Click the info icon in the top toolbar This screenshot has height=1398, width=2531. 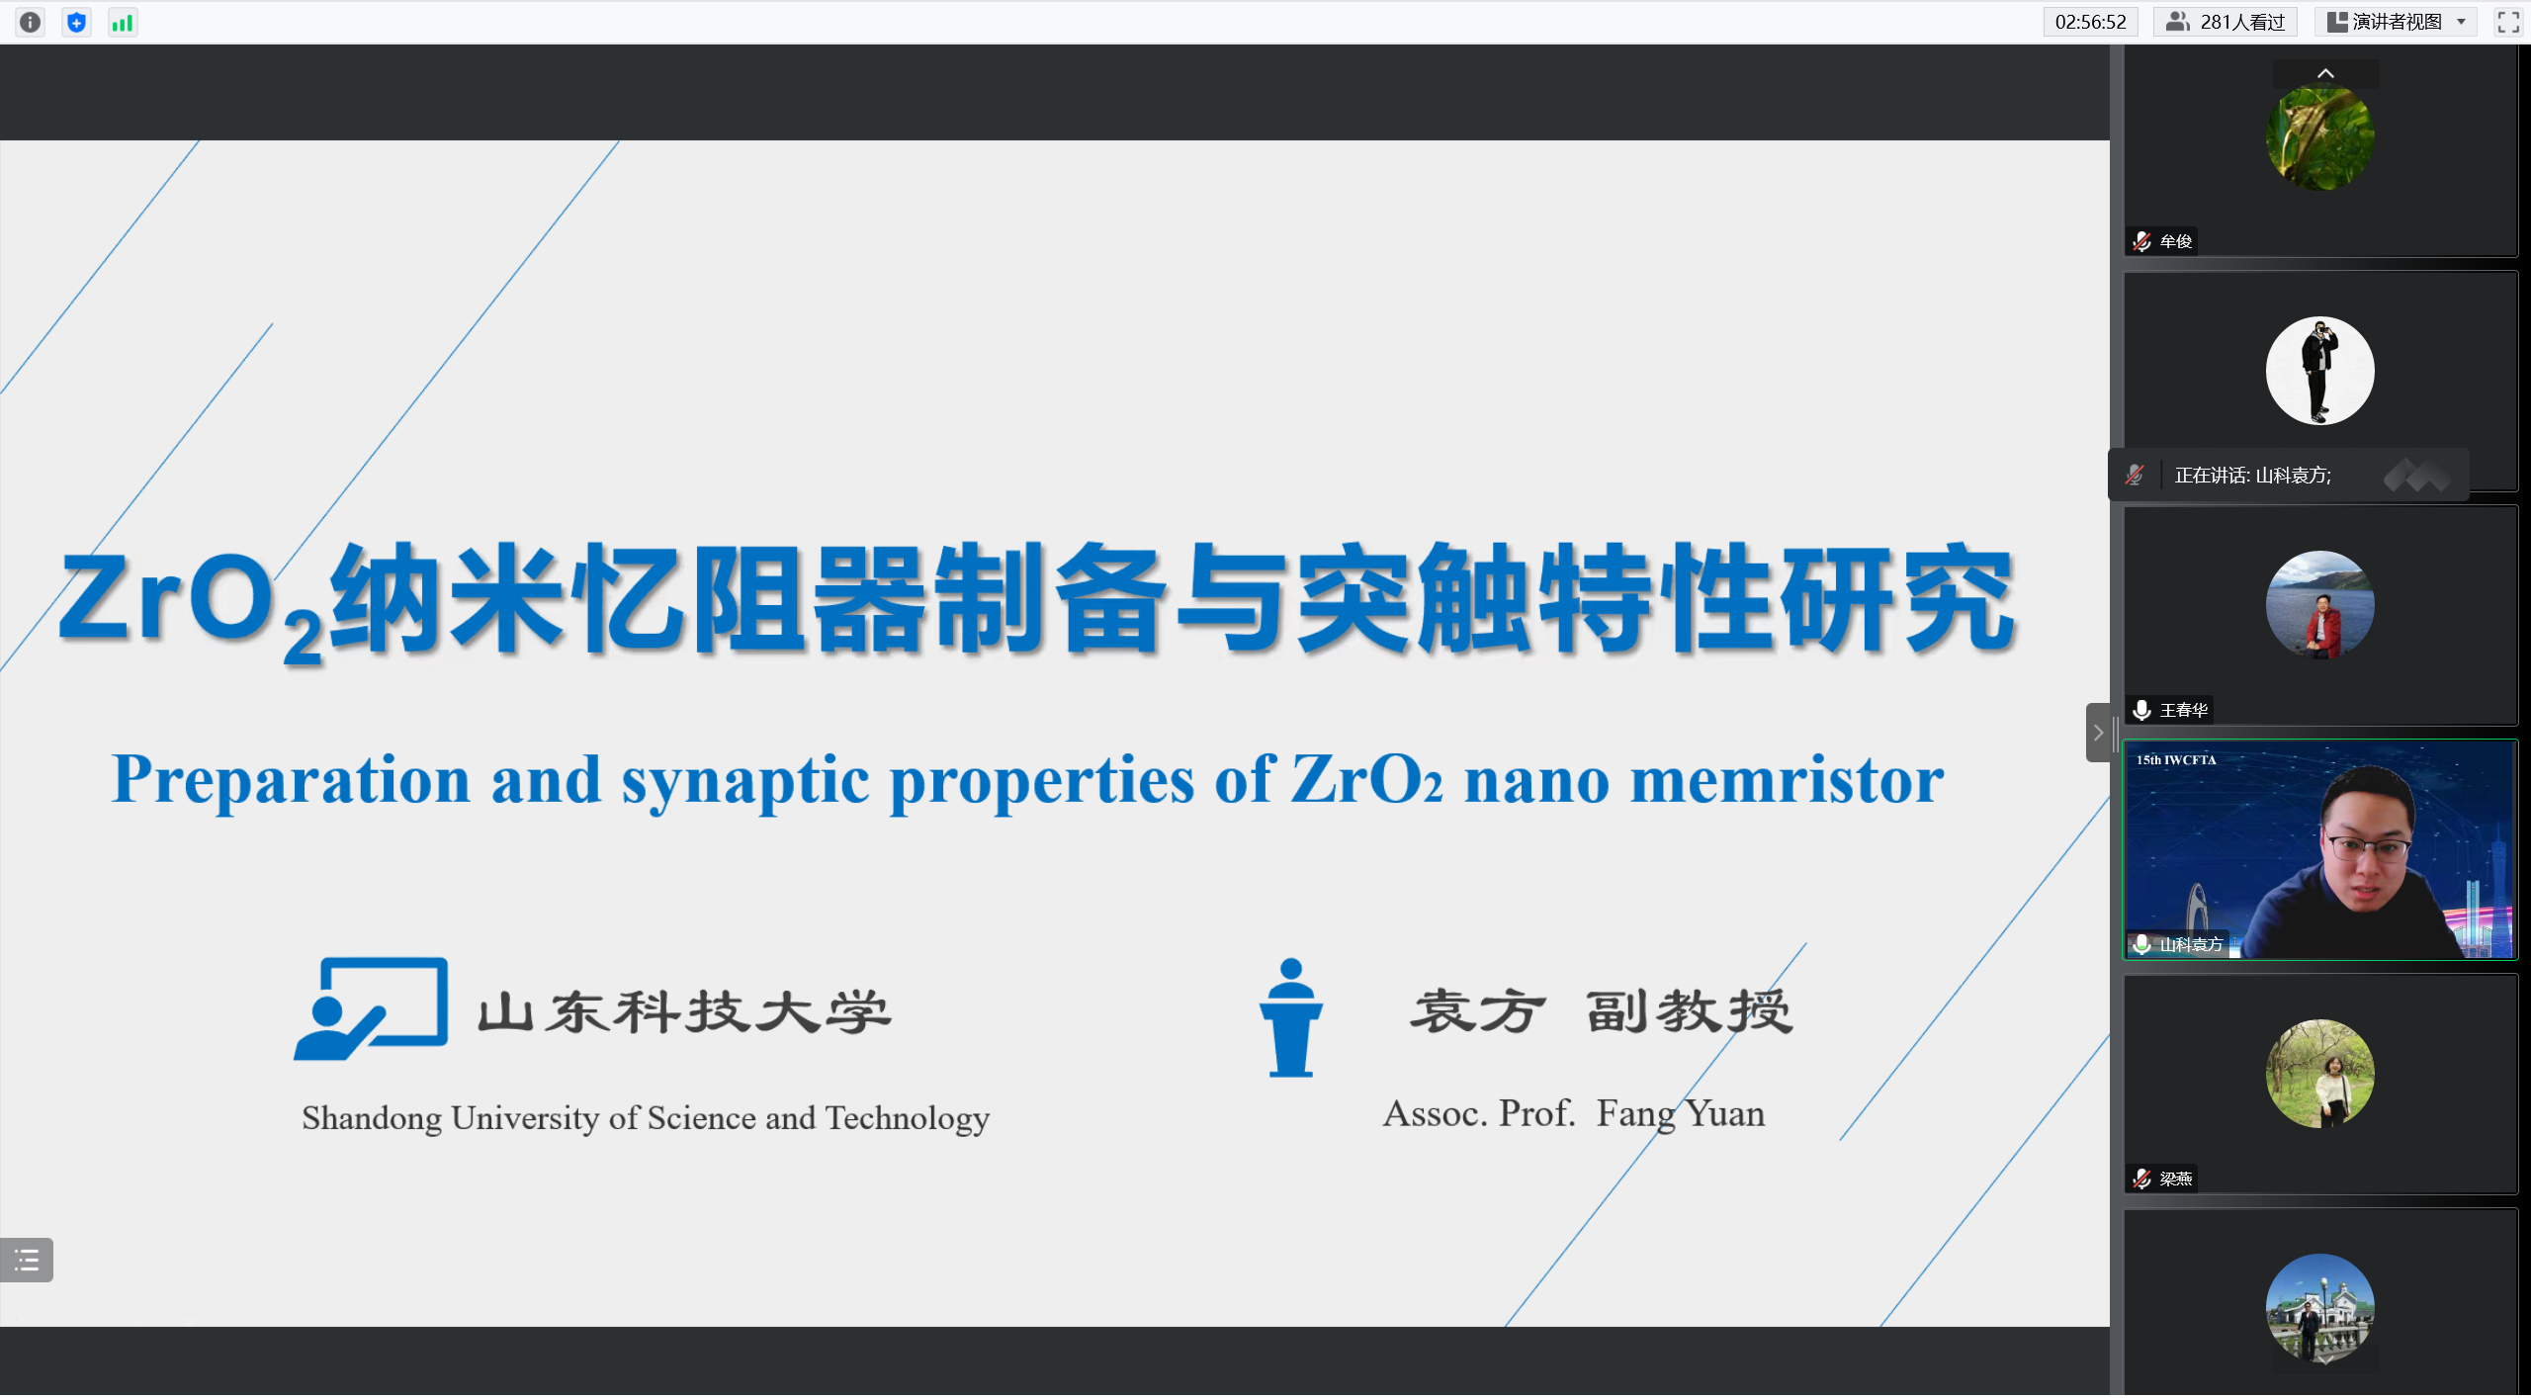click(x=31, y=22)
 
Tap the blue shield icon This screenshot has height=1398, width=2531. click(x=76, y=22)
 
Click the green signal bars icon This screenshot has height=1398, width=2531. click(x=123, y=22)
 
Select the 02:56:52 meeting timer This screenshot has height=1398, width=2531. click(x=2090, y=22)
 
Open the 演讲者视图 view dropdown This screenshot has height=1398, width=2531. click(x=2396, y=22)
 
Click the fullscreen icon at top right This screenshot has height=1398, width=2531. click(x=2508, y=22)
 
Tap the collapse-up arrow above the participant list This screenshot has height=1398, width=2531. click(x=2325, y=73)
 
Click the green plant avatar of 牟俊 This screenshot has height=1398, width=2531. click(x=2319, y=136)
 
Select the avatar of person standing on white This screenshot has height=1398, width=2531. click(x=2319, y=371)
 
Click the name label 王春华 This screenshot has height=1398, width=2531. click(x=2183, y=710)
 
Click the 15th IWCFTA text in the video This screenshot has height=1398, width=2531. click(x=2176, y=759)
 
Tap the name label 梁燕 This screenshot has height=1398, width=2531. click(x=2175, y=1179)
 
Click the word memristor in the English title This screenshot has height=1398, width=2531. click(x=1787, y=780)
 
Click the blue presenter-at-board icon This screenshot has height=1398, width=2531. click(x=371, y=1008)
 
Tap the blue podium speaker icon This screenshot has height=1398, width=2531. click(x=1290, y=1016)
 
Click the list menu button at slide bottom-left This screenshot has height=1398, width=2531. click(x=27, y=1260)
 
